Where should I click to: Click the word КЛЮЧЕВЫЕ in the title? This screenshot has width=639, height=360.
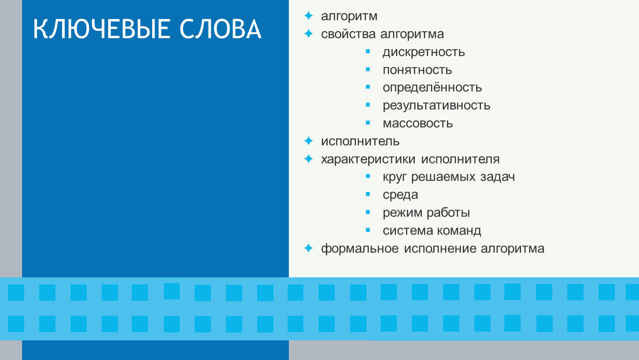[101, 29]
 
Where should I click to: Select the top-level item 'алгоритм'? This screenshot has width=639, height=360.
[349, 16]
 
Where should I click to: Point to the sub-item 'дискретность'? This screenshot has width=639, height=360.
[423, 52]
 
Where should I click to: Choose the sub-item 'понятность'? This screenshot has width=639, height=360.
[417, 70]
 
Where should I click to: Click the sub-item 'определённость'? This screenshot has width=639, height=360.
[432, 87]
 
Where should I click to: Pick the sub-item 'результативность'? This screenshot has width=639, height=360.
[436, 105]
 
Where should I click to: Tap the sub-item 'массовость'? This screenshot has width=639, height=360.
[418, 123]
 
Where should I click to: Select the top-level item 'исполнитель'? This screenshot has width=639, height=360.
[360, 141]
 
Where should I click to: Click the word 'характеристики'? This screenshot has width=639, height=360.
[368, 159]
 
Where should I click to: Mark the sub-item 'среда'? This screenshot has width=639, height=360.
[400, 195]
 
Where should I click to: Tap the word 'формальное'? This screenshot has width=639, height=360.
[360, 249]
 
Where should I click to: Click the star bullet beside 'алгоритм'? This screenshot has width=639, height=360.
[308, 16]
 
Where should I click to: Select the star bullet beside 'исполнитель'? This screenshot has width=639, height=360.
[308, 141]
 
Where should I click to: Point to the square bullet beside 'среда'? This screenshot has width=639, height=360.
[368, 194]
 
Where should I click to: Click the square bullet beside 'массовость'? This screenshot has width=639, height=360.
[368, 123]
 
